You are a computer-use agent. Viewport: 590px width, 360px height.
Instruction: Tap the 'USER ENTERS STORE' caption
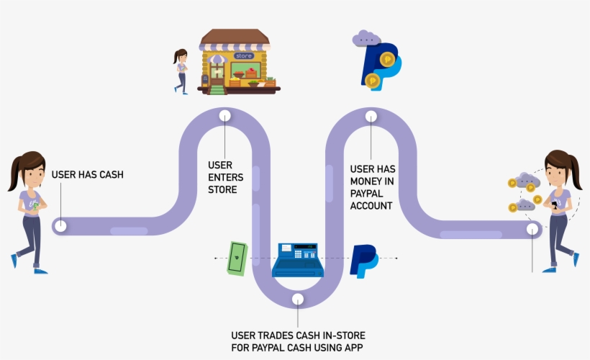pyautogui.click(x=225, y=177)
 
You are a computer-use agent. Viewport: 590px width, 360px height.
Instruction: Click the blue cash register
pyautogui.click(x=297, y=260)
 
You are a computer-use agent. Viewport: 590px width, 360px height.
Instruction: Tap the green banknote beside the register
pyautogui.click(x=237, y=258)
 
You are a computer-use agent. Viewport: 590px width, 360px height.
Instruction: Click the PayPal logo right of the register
pyautogui.click(x=363, y=261)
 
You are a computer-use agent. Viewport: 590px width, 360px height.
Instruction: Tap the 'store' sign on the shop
pyautogui.click(x=243, y=55)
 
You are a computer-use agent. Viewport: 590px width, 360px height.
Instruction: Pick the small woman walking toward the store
pyautogui.click(x=180, y=71)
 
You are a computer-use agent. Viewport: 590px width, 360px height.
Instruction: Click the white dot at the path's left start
pyautogui.click(x=61, y=226)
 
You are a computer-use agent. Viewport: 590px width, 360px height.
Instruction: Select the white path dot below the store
pyautogui.click(x=224, y=115)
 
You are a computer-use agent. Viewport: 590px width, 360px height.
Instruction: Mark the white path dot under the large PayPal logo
pyautogui.click(x=371, y=115)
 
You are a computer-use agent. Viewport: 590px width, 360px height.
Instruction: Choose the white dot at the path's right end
pyautogui.click(x=532, y=229)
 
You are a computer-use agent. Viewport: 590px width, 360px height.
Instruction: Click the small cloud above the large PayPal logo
pyautogui.click(x=366, y=37)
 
